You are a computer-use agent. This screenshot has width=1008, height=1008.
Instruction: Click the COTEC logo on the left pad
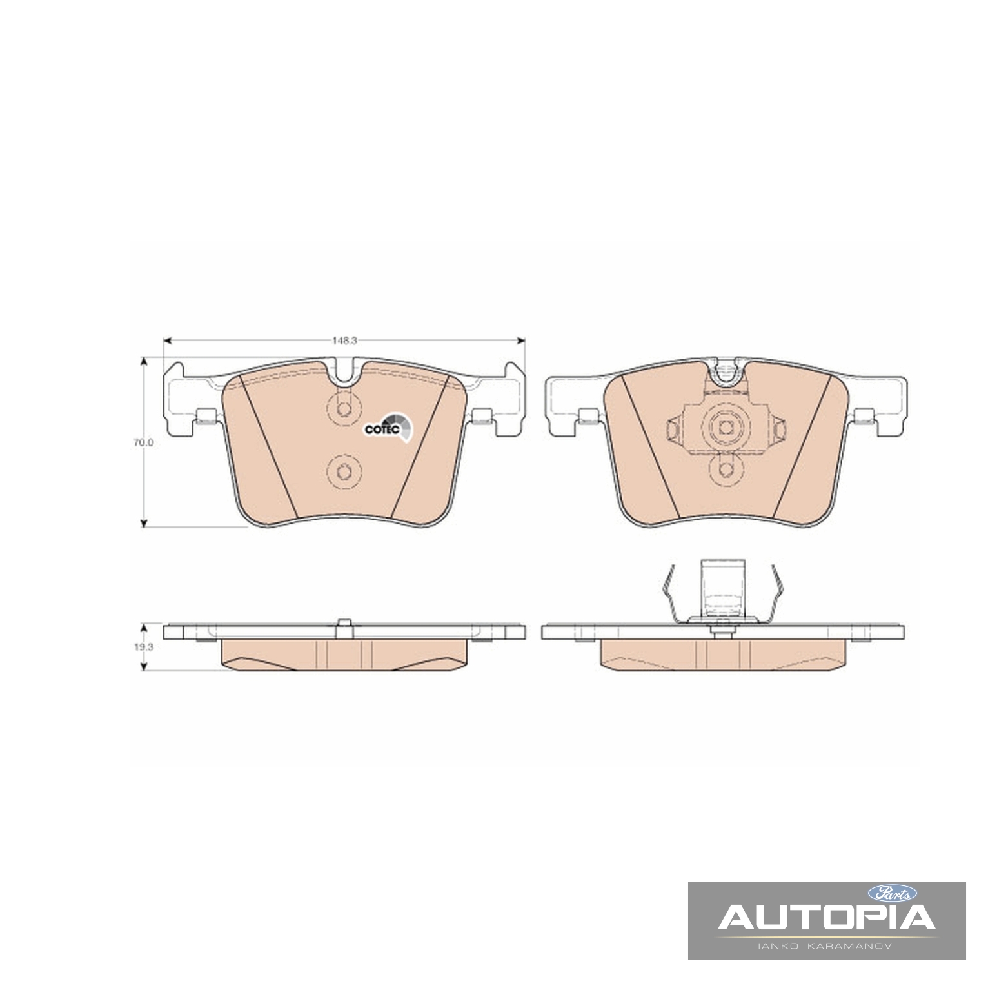(x=386, y=428)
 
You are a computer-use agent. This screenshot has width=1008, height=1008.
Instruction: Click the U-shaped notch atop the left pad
(x=345, y=373)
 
